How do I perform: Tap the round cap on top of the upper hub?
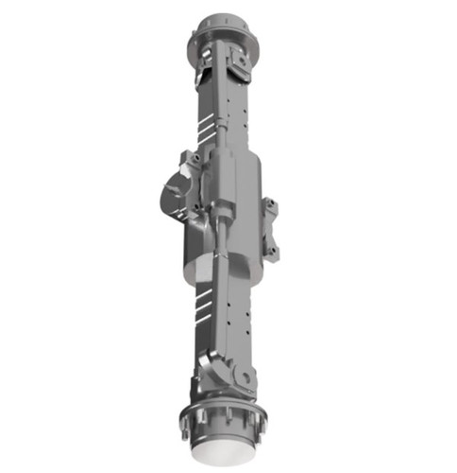pyautogui.click(x=224, y=22)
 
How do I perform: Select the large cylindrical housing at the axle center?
pyautogui.click(x=231, y=203)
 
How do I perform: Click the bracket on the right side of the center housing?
pyautogui.click(x=270, y=226)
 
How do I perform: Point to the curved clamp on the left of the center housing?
pyautogui.click(x=176, y=194)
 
